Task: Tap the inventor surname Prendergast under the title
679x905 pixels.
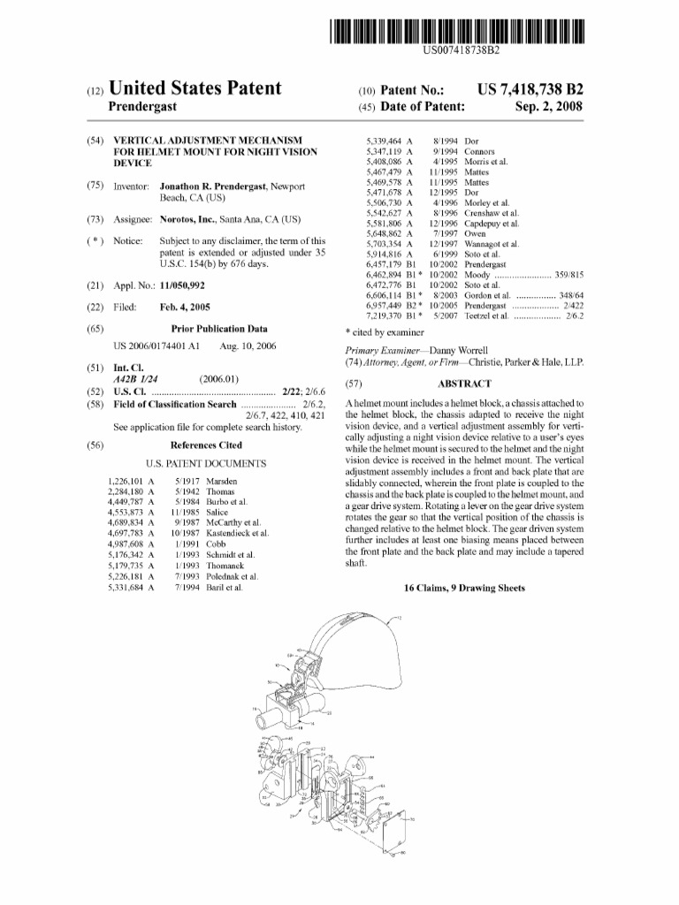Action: (142, 107)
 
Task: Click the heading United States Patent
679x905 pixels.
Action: (195, 88)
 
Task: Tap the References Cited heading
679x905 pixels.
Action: (206, 445)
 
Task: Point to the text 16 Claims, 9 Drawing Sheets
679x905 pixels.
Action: (464, 589)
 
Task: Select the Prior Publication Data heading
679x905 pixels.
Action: (206, 328)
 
